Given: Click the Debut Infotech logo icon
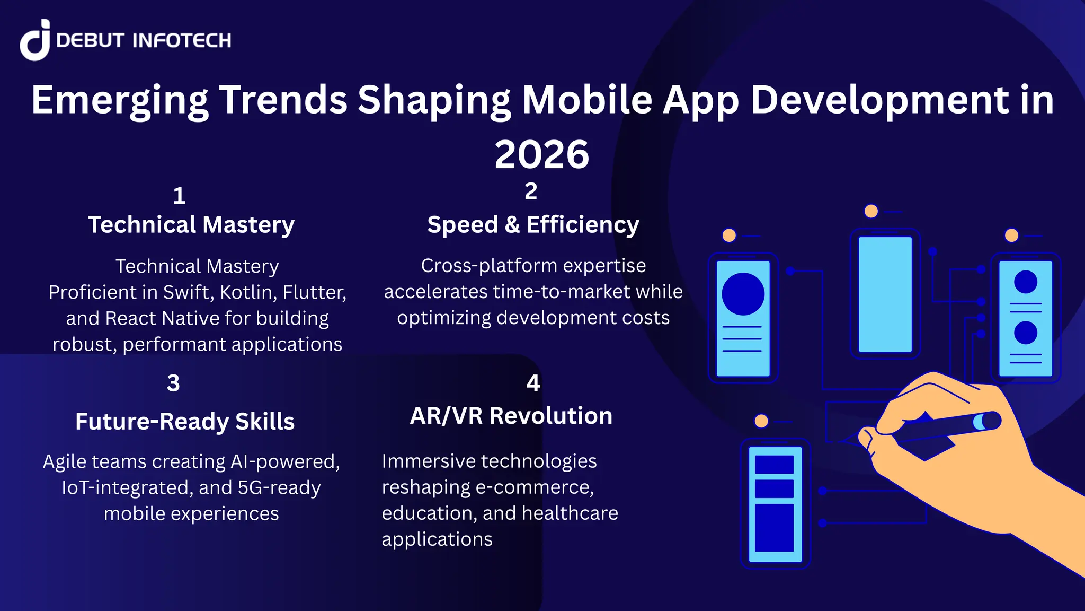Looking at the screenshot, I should tap(35, 40).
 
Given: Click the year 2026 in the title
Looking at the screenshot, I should tap(541, 154).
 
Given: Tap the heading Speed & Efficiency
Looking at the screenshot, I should tap(533, 224).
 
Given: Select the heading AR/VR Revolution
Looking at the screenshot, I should tap(511, 416).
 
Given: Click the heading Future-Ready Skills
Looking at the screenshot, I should tap(184, 422).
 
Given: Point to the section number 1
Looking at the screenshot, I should tap(179, 196).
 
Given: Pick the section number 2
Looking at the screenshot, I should tap(531, 191).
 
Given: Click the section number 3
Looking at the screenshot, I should tap(173, 383).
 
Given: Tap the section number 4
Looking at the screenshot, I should tap(533, 383).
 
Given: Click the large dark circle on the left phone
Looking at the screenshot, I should tap(743, 294).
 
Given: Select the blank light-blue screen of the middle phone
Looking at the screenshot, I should tap(885, 294).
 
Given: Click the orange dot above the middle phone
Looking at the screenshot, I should tap(871, 211).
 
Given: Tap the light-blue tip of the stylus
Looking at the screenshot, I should tap(979, 422).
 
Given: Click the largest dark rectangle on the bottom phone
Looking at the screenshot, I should tap(774, 527).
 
